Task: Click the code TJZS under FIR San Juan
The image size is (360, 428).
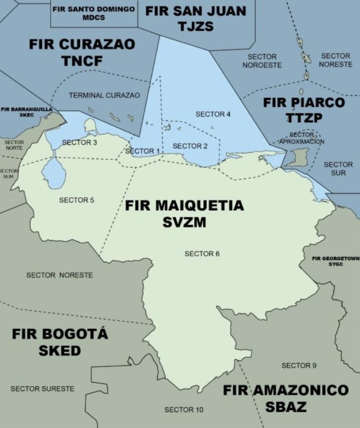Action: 195,26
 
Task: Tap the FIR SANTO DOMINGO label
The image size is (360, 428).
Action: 94,9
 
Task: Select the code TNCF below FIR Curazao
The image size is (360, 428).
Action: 82,61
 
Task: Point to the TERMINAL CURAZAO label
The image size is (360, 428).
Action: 104,95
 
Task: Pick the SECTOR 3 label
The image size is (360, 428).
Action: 80,142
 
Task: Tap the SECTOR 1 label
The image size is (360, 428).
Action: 142,151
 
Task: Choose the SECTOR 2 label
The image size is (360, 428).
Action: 190,146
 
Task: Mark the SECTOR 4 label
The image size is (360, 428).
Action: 213,114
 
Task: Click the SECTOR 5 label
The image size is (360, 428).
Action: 76,200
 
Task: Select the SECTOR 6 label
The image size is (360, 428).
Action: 202,254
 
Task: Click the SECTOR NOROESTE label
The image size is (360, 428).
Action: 262,61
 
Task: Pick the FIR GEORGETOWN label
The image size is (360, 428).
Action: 336,259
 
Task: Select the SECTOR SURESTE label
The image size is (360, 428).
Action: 42,389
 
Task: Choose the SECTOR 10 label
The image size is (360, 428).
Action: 184,410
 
